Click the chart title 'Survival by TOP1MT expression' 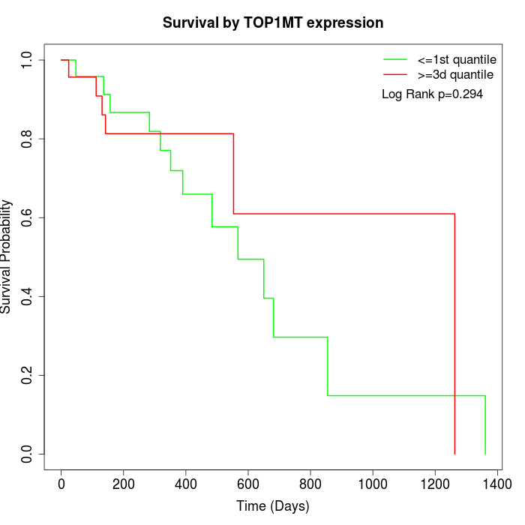[273, 22]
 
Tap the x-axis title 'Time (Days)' [273, 506]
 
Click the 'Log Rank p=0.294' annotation [432, 94]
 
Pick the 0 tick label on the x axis [61, 484]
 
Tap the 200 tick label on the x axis [124, 484]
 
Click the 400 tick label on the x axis [186, 484]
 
